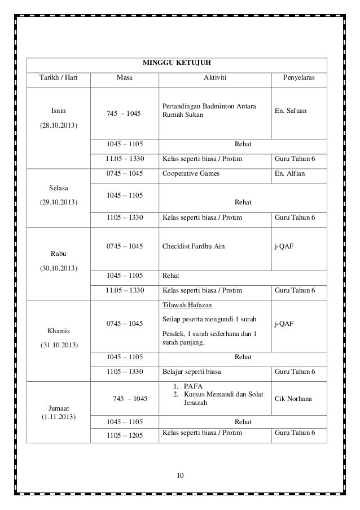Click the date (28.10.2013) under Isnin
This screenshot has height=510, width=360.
point(58,124)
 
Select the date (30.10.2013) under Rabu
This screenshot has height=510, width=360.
point(58,268)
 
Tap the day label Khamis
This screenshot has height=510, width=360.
point(58,330)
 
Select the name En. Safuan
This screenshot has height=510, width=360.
point(291,111)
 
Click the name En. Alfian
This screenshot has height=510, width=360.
point(289,174)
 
